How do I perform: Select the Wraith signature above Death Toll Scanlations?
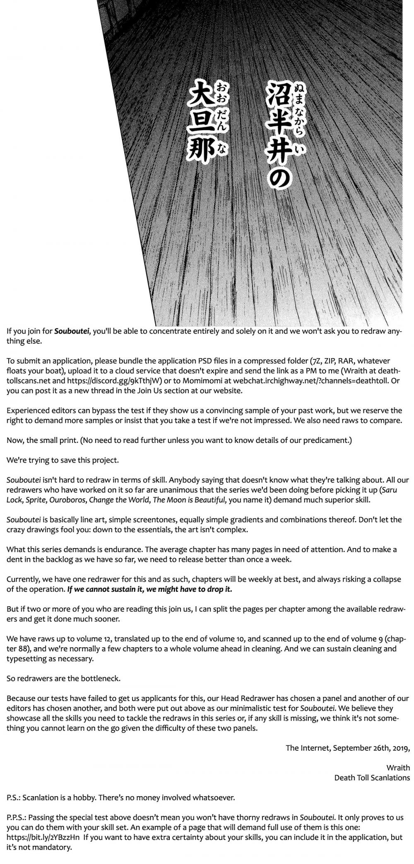coord(398,768)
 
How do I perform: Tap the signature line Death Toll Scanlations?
coord(372,778)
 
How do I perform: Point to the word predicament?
coord(329,440)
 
